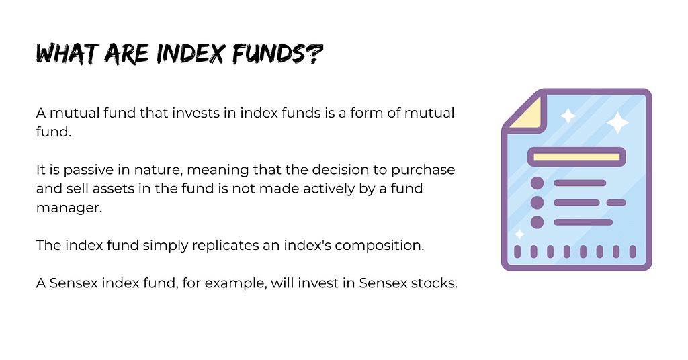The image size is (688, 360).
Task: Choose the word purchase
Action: coord(423,170)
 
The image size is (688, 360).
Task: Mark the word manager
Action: coord(69,208)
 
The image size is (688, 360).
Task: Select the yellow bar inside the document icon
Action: coord(576,157)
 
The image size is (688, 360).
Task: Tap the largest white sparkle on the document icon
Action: coord(617,122)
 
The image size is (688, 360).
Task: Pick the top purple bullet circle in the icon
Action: coord(537,183)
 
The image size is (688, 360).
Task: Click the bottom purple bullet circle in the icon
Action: coord(537,222)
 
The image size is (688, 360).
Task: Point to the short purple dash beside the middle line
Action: coord(616,203)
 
